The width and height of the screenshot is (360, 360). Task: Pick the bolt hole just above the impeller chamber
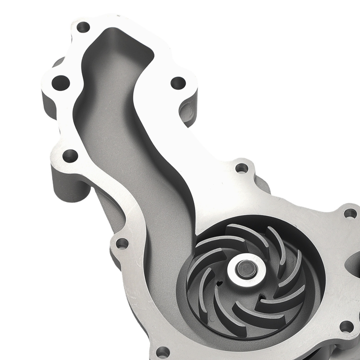point(242,168)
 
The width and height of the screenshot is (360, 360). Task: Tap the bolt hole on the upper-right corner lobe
point(350,213)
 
